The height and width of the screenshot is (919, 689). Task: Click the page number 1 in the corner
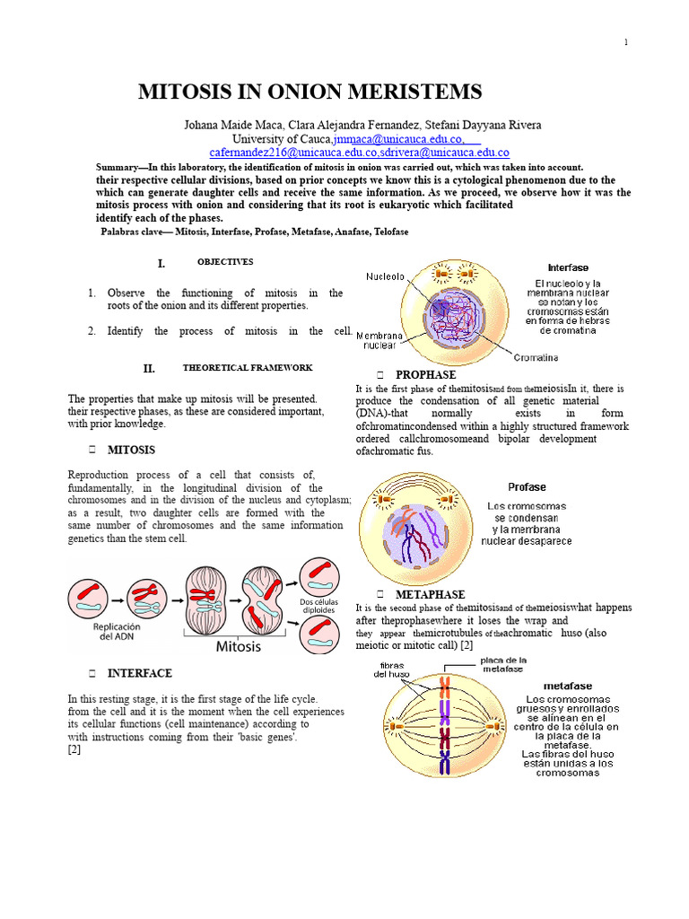(x=625, y=43)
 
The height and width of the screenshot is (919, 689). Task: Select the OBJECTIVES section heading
(x=225, y=262)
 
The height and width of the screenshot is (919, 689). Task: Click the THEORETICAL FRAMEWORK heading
(x=248, y=368)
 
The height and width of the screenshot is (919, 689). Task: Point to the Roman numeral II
(x=149, y=369)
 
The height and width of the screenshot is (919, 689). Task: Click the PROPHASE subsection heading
(x=425, y=374)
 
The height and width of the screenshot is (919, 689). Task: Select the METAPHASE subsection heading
(x=430, y=594)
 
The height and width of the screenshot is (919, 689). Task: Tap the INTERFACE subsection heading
(x=140, y=673)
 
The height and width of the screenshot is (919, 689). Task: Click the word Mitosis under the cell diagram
(x=238, y=646)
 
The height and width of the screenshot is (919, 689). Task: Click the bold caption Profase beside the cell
(x=527, y=487)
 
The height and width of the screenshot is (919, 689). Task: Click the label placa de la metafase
(x=504, y=665)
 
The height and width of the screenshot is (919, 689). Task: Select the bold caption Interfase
(x=568, y=267)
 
